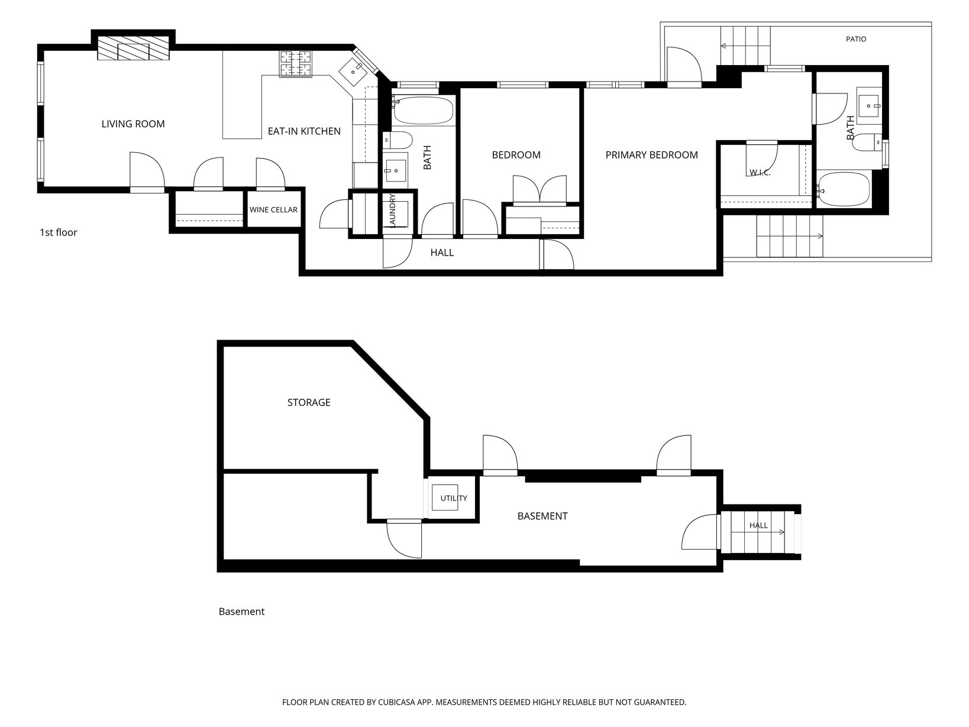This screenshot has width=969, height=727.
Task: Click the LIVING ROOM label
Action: (x=133, y=124)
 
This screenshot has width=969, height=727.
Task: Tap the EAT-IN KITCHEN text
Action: (x=304, y=131)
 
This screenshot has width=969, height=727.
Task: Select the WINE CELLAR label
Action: (x=273, y=209)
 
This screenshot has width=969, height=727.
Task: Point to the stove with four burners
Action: (x=295, y=63)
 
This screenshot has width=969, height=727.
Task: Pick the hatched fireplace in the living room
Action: (x=133, y=48)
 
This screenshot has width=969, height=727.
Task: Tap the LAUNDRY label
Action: (x=392, y=211)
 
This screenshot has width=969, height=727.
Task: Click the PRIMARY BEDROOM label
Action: (x=651, y=155)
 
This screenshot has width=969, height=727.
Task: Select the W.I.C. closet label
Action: (x=760, y=173)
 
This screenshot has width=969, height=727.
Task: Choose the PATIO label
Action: (x=856, y=39)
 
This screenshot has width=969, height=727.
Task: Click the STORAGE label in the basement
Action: (x=309, y=403)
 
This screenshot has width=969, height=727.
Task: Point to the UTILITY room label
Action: (x=453, y=498)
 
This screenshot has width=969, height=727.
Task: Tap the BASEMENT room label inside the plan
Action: (x=542, y=516)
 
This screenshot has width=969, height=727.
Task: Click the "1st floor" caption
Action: (x=59, y=232)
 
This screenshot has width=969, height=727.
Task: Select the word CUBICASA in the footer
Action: (x=396, y=702)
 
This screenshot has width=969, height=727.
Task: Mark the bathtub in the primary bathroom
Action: (x=843, y=189)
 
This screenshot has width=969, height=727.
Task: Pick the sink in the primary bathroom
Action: (x=868, y=106)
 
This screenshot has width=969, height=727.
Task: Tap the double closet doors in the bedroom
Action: (x=540, y=190)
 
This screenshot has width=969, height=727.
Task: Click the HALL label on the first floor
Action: (x=442, y=253)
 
